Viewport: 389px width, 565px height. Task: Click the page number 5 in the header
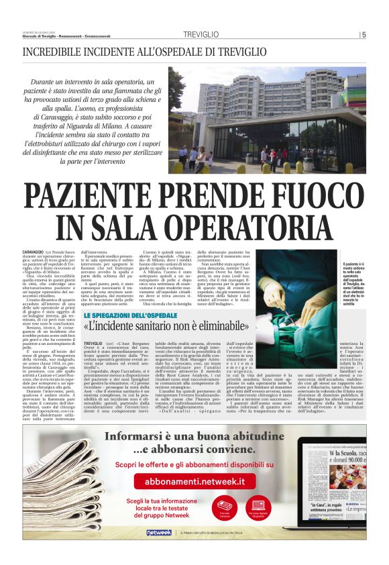click(364, 36)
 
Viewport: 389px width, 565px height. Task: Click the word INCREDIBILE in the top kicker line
click(54, 51)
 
